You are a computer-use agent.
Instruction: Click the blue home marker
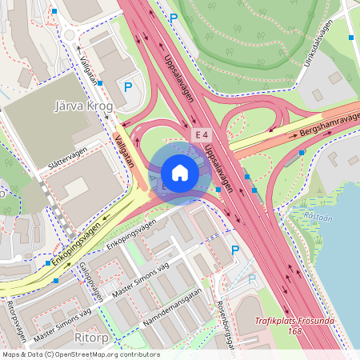coord(179,173)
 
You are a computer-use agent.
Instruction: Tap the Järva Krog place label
coord(82,106)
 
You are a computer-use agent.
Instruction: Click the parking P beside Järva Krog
coord(126,86)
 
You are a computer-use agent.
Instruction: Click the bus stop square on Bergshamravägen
coord(301,152)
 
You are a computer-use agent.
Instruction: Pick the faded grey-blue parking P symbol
coord(252,278)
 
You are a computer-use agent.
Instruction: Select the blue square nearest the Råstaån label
coord(255,190)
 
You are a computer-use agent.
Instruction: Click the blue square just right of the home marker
coord(218,189)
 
